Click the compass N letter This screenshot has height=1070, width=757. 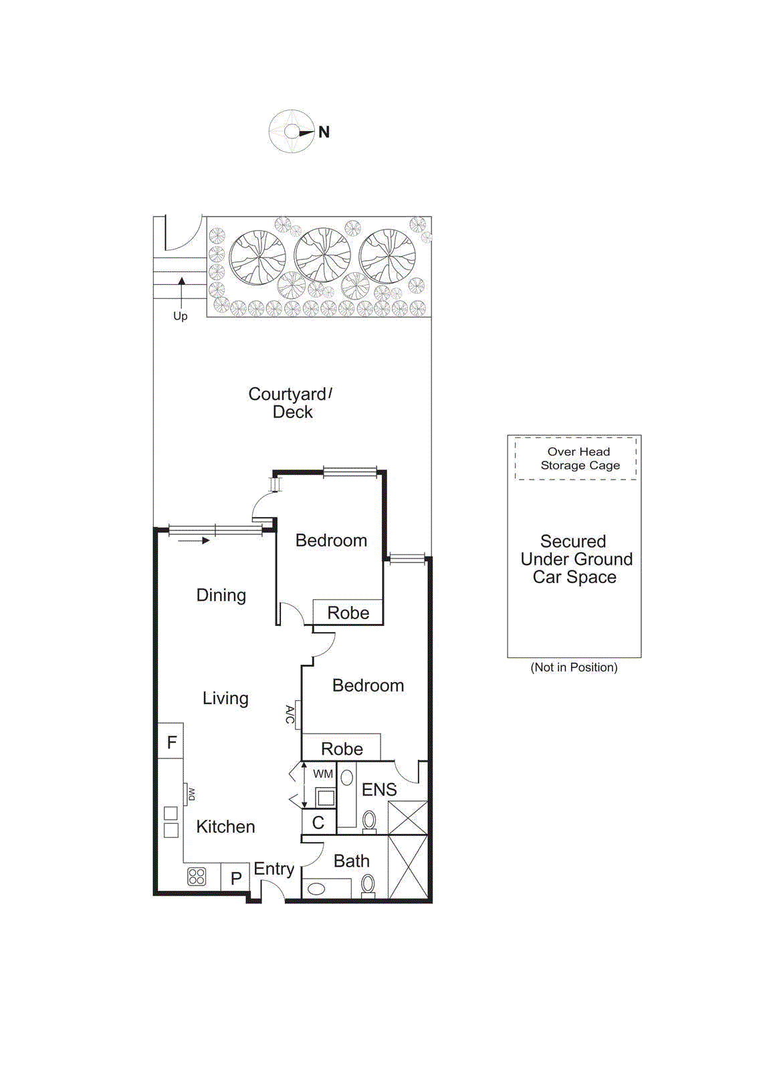click(324, 132)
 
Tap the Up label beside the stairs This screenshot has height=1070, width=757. click(181, 316)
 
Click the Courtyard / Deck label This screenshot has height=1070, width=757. click(291, 403)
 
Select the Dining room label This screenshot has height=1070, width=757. click(221, 595)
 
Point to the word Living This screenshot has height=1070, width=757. click(225, 699)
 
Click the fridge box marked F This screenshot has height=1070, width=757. click(171, 742)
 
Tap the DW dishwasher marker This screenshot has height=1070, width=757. click(191, 794)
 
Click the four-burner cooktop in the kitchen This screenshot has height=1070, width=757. click(197, 876)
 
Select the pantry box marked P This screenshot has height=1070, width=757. click(235, 878)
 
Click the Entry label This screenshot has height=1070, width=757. click(274, 869)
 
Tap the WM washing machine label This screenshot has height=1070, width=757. click(323, 774)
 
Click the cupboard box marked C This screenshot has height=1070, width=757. click(318, 823)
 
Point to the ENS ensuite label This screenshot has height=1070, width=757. click(379, 790)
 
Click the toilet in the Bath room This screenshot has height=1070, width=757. click(368, 885)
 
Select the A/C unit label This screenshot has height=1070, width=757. click(290, 714)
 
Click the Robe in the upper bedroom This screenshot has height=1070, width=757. click(348, 613)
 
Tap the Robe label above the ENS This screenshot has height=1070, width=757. click(342, 749)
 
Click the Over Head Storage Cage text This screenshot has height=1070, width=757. click(580, 459)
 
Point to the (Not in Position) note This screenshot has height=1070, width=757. click(574, 667)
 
